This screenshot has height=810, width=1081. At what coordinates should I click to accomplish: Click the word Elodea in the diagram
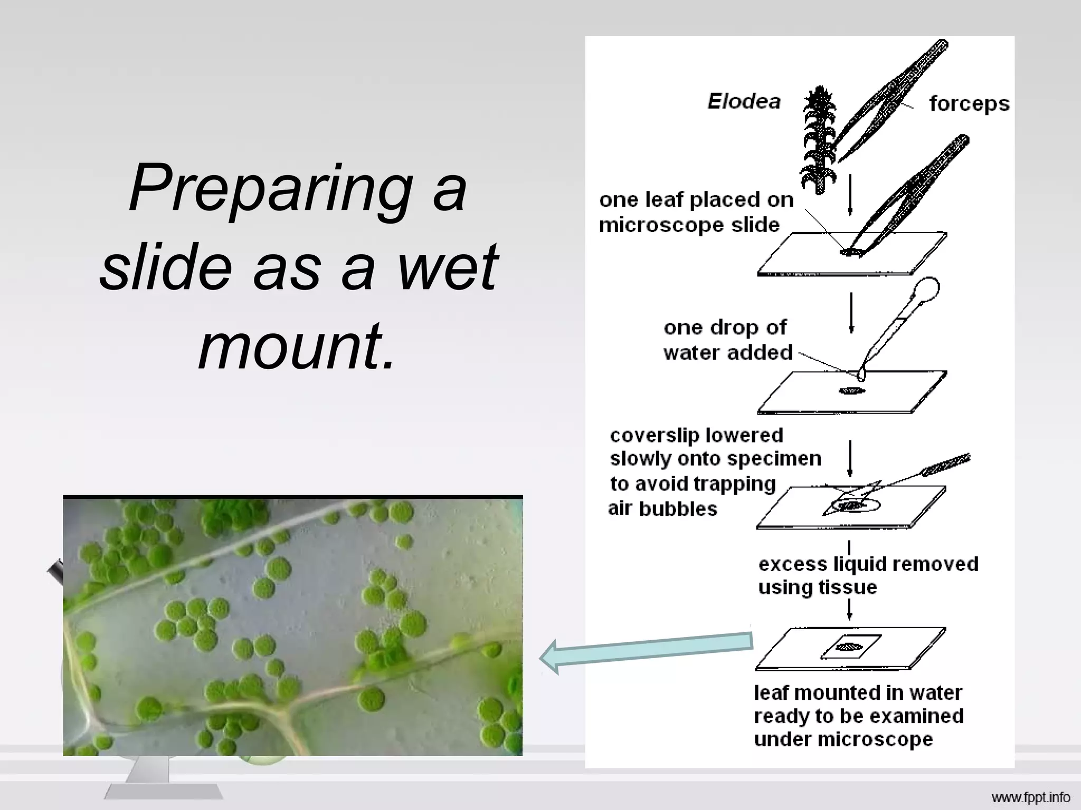coord(744,101)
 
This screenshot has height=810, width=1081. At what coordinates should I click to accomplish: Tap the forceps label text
coord(969,104)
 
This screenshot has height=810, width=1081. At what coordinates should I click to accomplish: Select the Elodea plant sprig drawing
coord(818,140)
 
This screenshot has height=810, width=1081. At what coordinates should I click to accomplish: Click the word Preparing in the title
coord(271,188)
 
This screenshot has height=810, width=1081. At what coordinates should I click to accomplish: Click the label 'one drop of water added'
coord(727,340)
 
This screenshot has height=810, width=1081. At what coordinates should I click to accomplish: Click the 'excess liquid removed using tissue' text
coord(868,575)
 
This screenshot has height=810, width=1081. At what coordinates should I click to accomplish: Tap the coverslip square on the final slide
coord(850,647)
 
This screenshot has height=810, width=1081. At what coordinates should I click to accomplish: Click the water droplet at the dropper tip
coord(861,374)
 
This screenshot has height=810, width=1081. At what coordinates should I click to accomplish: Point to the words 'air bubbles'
coord(662,509)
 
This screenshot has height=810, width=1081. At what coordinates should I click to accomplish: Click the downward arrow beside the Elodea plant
coord(850,196)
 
